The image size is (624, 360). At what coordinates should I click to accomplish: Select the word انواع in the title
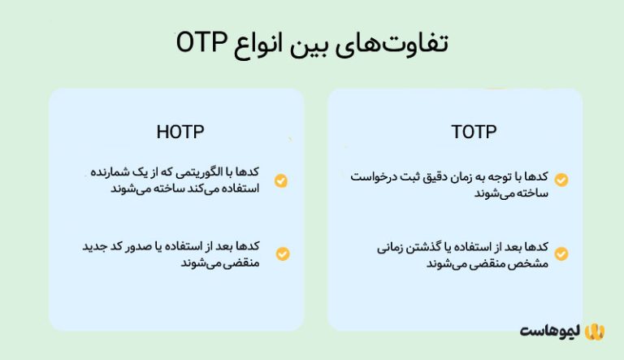[262, 43]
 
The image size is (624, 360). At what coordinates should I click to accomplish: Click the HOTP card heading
[180, 132]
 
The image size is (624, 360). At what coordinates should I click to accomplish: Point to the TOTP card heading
[474, 132]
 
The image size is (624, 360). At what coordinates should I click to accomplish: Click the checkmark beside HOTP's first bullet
[281, 180]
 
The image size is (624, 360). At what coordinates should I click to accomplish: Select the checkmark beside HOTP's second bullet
[281, 254]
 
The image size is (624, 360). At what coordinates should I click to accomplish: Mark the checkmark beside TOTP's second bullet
[561, 254]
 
